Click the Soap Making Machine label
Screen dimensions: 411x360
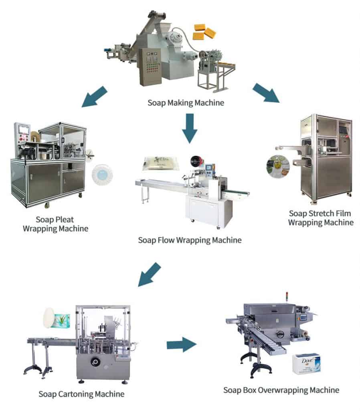point(186,103)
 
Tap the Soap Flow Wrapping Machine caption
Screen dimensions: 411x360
point(190,240)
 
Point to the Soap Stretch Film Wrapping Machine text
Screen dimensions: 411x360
point(321,217)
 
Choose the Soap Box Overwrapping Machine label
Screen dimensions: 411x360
point(281,389)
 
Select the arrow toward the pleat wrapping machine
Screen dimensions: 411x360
point(94,97)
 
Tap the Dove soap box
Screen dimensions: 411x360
point(306,363)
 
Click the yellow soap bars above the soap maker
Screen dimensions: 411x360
point(204,32)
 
